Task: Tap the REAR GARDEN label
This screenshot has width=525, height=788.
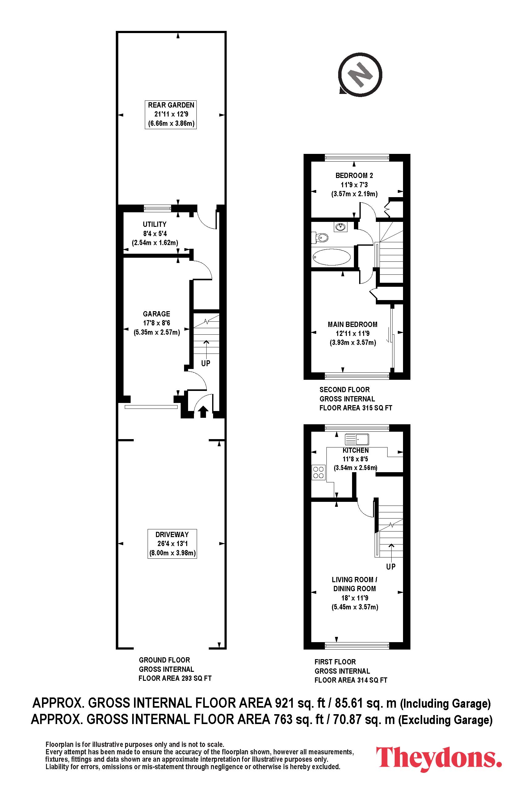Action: coord(171,105)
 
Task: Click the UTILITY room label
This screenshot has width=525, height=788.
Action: coord(155,224)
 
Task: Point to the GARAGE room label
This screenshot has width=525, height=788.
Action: coord(156,314)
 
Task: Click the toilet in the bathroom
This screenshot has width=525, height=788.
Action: coord(320,238)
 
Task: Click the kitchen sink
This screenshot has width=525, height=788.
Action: coord(357,439)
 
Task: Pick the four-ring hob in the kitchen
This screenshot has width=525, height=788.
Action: coord(318,472)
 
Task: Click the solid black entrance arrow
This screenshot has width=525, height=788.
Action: coord(203,411)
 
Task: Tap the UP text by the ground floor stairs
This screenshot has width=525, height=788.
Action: coord(206,363)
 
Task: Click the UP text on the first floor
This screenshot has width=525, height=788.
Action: coord(391,566)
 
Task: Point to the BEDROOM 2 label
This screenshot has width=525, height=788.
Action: coord(354,175)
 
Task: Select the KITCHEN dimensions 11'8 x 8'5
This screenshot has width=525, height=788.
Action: coord(355,459)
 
